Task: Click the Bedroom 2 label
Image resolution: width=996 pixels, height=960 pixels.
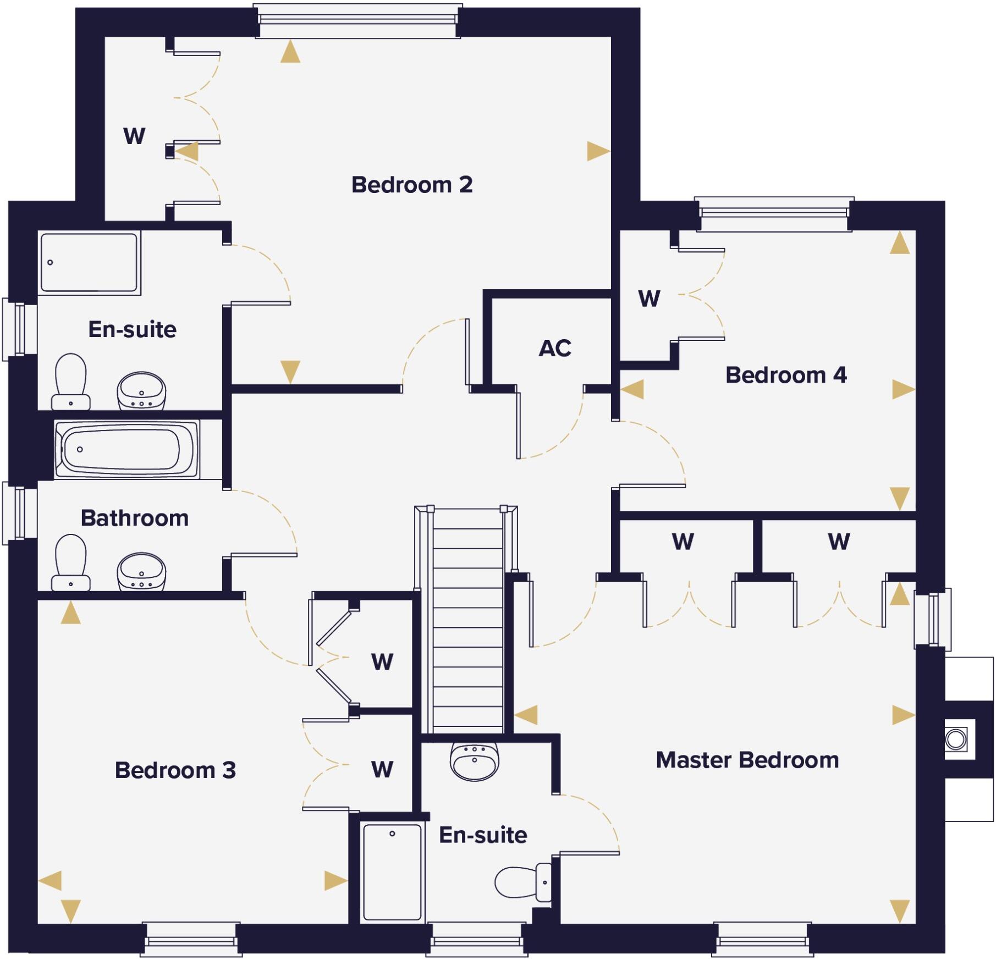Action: tap(412, 185)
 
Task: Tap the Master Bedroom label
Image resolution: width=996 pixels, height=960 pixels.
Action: tap(747, 760)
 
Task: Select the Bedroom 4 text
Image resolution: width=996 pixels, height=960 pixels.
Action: tap(786, 375)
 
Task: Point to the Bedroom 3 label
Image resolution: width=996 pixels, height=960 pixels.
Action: tap(175, 770)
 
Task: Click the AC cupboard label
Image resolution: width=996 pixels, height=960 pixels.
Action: tap(555, 348)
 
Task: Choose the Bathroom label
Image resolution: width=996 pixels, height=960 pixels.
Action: tap(134, 518)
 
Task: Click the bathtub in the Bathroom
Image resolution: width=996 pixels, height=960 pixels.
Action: tap(126, 449)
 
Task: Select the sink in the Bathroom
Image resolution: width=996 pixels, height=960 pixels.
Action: tap(141, 572)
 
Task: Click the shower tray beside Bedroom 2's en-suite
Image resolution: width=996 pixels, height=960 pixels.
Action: tap(89, 262)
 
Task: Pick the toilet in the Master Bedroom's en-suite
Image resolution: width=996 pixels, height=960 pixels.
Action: tap(522, 882)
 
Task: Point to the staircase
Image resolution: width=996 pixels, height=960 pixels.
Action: tap(467, 621)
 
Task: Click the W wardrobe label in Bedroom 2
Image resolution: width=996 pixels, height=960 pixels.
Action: tap(134, 136)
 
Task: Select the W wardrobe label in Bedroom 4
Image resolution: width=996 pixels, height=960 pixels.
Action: tap(649, 299)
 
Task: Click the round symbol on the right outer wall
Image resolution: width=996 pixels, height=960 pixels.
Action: tap(956, 739)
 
